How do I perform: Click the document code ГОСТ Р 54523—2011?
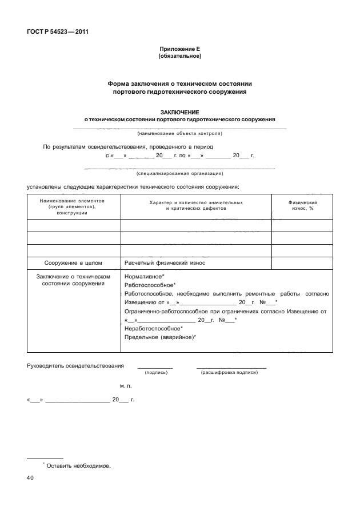point(56,31)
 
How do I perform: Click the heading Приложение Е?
point(179,50)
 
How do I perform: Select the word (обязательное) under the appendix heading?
point(179,57)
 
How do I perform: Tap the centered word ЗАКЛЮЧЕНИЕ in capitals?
point(179,112)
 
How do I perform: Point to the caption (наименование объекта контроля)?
point(179,133)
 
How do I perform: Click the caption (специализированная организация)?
point(179,173)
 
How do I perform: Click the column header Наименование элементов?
point(72,201)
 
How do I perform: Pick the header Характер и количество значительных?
point(195,202)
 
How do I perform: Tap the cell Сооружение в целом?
point(73,262)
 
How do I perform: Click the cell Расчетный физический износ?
point(165,262)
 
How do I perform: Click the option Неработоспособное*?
point(153,328)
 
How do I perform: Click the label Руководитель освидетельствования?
point(75,365)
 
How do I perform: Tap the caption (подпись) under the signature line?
point(156,372)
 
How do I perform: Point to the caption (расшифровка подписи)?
point(230,372)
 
